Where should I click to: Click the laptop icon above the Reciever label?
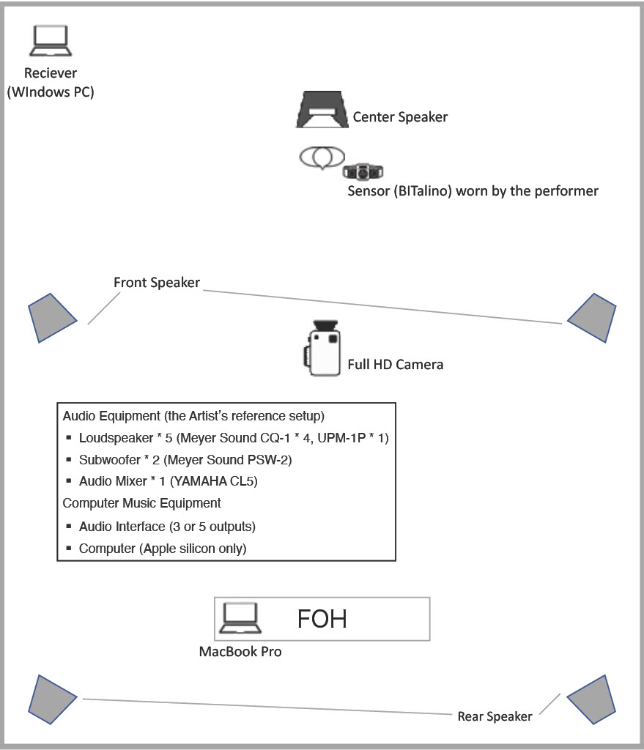51,42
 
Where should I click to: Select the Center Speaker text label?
400,116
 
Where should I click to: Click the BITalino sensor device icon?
363,171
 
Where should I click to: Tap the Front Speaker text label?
157,283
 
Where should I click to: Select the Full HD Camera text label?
395,364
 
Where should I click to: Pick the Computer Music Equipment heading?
142,503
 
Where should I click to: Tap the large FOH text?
322,619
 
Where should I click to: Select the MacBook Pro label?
240,651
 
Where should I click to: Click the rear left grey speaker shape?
52,696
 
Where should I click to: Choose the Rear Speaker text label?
495,716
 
